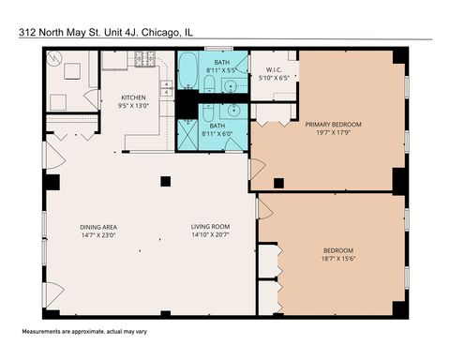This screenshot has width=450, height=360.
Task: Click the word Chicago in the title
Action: point(167,31)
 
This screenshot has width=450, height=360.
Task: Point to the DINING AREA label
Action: point(97,227)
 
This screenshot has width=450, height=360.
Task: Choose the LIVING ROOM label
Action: point(211,227)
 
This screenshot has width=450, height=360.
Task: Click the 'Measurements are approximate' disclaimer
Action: point(77,333)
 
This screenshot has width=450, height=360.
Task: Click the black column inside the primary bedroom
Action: point(277,181)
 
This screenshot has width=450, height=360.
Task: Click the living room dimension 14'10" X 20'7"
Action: point(211,235)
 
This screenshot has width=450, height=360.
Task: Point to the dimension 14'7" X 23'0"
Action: point(97,235)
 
